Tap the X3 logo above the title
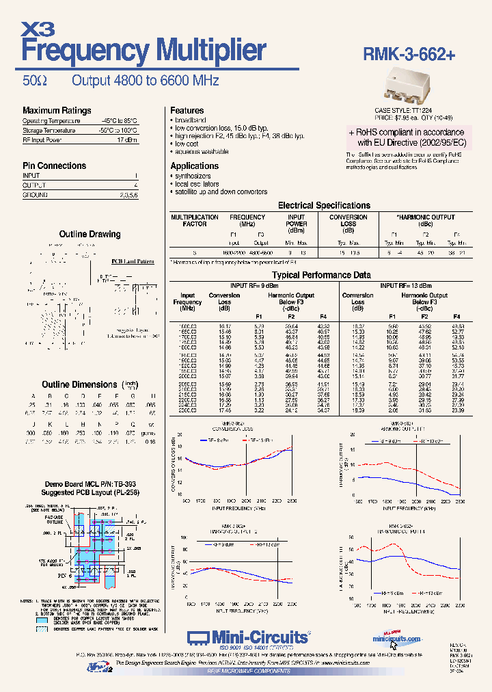click(x=38, y=28)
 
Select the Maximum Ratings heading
click(x=57, y=111)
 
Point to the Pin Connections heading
click(x=55, y=166)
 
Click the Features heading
click(x=187, y=111)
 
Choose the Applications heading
click(x=195, y=166)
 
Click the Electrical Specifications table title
click(x=324, y=205)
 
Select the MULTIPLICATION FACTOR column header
click(x=195, y=220)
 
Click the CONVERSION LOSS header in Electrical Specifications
click(x=348, y=220)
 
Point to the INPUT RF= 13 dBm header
click(x=406, y=285)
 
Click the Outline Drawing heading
click(x=90, y=235)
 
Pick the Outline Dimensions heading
click(x=79, y=385)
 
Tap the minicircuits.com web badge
click(x=397, y=637)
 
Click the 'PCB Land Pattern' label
click(x=133, y=261)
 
